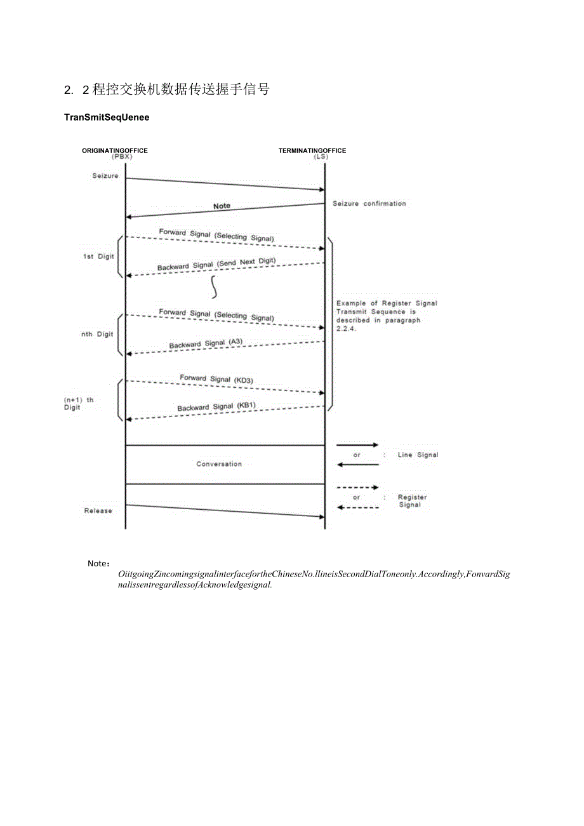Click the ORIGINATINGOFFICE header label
click(115, 150)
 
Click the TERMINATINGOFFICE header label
click(312, 150)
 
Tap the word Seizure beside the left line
click(105, 176)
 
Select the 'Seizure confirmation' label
click(369, 204)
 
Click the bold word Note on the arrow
click(222, 206)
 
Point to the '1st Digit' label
click(98, 256)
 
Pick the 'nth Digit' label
click(97, 335)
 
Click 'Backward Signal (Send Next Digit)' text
click(216, 264)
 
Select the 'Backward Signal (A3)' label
click(206, 343)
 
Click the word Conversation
click(219, 464)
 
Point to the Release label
click(98, 510)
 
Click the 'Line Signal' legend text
click(418, 455)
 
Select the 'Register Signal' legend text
click(411, 501)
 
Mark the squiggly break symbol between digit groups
click(215, 288)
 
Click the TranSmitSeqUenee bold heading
click(107, 117)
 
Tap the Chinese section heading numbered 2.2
click(167, 90)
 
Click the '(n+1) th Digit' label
click(78, 404)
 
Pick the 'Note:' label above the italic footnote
click(99, 563)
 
